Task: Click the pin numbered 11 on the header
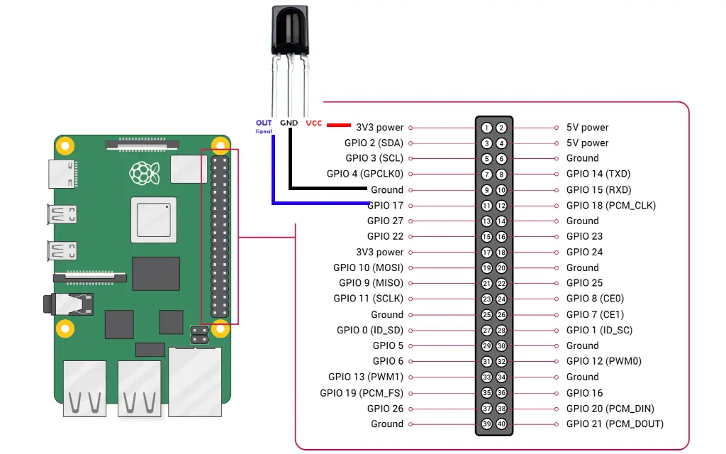[x=486, y=206]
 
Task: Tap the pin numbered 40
[x=501, y=424]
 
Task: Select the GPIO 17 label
[x=386, y=206]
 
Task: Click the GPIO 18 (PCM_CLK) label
[x=610, y=206]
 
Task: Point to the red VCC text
[x=313, y=123]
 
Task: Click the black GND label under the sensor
[x=289, y=123]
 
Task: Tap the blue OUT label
[x=264, y=123]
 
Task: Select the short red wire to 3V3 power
[x=340, y=126]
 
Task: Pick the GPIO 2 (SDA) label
[x=374, y=143]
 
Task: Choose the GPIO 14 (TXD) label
[x=598, y=174]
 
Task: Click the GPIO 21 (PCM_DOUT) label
[x=615, y=424]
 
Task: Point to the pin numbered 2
[x=501, y=128]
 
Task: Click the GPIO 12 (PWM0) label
[x=603, y=361]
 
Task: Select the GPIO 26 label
[x=385, y=409]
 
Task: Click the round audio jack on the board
[x=50, y=305]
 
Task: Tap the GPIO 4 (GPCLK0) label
[x=365, y=174]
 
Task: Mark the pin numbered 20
[x=501, y=268]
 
